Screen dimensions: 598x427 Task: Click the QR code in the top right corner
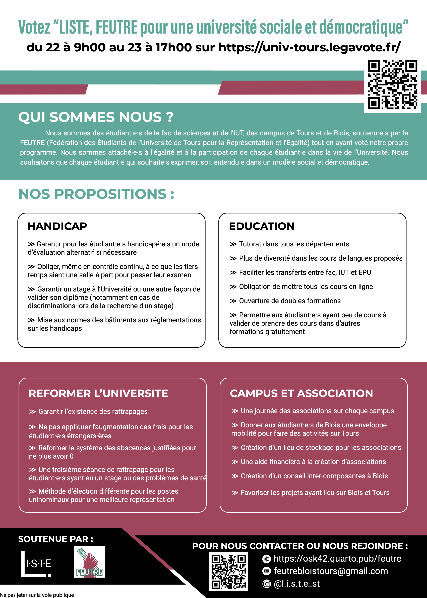(392, 85)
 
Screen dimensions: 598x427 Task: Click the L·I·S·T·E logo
(36, 564)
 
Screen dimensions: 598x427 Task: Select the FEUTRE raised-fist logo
(89, 562)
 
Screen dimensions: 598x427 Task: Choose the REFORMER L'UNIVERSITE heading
(98, 393)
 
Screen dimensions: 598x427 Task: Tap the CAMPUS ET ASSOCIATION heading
(301, 393)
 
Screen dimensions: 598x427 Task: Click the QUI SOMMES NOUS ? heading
(96, 117)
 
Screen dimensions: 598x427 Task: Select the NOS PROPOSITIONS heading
(96, 194)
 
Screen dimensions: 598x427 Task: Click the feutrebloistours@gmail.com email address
(331, 571)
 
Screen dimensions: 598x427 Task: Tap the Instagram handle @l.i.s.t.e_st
(297, 583)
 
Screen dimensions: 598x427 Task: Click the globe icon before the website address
(266, 559)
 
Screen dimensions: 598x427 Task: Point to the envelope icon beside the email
(266, 571)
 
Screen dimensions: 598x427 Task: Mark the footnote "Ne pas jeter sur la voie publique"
(37, 595)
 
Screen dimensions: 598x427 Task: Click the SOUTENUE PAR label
(55, 539)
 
